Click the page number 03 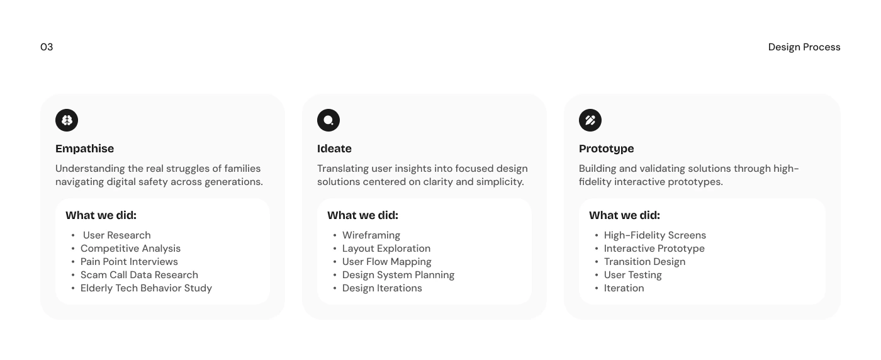coord(47,47)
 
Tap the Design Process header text coord(804,47)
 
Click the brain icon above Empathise coord(67,120)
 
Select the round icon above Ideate coord(328,120)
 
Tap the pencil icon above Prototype coord(590,120)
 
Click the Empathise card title coord(84,149)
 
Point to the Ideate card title coord(334,149)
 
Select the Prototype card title coord(606,149)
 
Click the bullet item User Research coord(117,235)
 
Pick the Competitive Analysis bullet coord(131,249)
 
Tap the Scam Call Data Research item coord(139,275)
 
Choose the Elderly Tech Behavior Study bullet coord(146,288)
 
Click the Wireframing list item coord(371,235)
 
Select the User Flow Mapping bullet coord(386,262)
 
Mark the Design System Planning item coord(398,275)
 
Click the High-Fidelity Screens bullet coord(655,235)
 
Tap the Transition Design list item coord(644,262)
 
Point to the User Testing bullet coord(633,275)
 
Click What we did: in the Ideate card coord(362,216)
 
